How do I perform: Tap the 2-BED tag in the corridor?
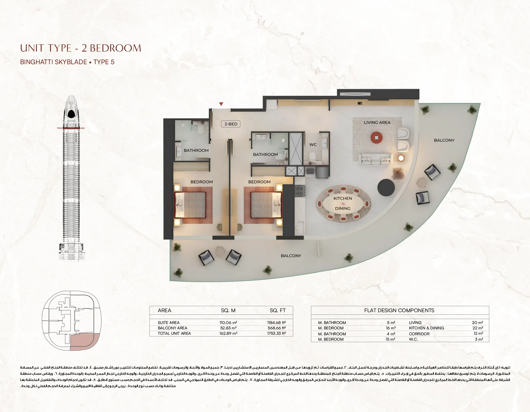pos(231,124)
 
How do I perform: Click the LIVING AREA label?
pos(377,122)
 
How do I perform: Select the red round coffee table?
pos(377,137)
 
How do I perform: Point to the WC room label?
pos(313,145)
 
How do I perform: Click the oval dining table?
pos(343,203)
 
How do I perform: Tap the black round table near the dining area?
pos(386,188)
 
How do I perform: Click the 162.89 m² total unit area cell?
pos(228,333)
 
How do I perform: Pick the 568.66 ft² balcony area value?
pos(277,328)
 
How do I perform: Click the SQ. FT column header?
pos(277,311)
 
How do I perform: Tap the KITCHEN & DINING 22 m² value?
pos(477,328)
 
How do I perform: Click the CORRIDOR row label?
pos(419,334)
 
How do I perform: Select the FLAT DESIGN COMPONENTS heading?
pos(399,311)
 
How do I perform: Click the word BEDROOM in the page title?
pos(115,48)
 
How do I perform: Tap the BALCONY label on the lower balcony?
pos(291,256)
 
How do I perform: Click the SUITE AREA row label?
pos(169,323)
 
